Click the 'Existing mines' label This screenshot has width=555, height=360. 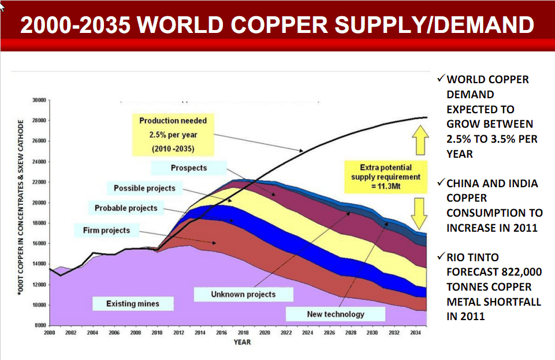(132, 303)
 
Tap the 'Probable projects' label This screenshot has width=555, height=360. (126, 208)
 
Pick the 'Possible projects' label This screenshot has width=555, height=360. (144, 188)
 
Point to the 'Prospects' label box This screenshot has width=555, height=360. (188, 168)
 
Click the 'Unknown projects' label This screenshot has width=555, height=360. (243, 294)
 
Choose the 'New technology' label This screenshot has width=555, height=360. (336, 314)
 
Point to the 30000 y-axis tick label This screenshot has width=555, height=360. (39, 101)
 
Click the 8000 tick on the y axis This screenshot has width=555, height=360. (40, 325)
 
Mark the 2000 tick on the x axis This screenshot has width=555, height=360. (50, 333)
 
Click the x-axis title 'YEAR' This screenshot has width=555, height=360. (242, 343)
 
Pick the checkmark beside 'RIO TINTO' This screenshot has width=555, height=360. (441, 257)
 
